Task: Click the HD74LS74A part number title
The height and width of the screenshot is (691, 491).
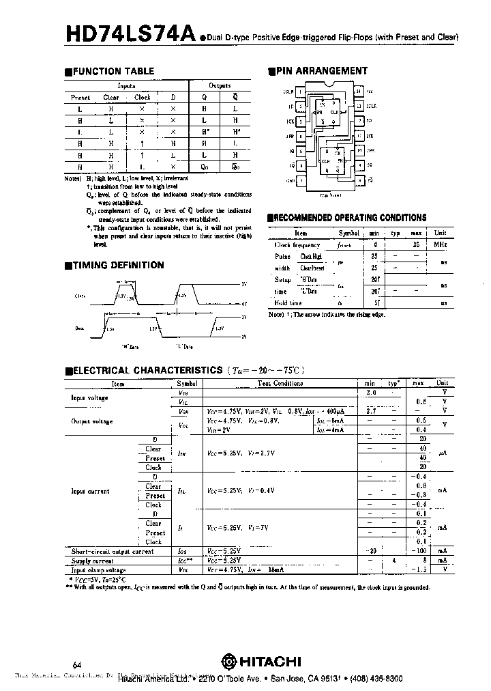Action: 130,33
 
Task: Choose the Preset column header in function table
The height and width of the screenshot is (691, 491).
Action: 80,98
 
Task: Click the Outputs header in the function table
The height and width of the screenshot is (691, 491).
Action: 220,86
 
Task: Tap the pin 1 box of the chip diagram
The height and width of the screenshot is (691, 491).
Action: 299,91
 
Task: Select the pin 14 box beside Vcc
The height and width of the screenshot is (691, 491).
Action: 359,91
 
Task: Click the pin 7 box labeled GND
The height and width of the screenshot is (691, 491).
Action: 299,180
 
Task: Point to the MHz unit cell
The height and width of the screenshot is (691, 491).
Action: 441,244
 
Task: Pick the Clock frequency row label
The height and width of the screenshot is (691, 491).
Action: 297,244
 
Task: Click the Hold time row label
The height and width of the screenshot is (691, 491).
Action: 288,302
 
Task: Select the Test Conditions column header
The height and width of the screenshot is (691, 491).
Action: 280,384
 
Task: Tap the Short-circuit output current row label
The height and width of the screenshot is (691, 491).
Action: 113,551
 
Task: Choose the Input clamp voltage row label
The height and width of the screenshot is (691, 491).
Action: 99,569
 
